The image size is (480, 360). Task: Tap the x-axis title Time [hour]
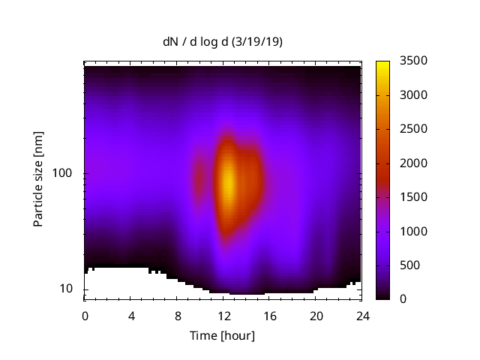pyautogui.click(x=222, y=335)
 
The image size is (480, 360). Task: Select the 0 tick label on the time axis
pyautogui.click(x=85, y=315)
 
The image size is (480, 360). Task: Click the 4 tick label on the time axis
pyautogui.click(x=130, y=315)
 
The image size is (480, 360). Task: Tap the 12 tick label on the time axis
pyautogui.click(x=223, y=315)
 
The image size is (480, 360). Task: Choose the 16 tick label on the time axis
pyautogui.click(x=268, y=315)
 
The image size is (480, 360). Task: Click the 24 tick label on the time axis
pyautogui.click(x=361, y=315)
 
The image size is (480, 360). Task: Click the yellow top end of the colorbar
pyautogui.click(x=382, y=64)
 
